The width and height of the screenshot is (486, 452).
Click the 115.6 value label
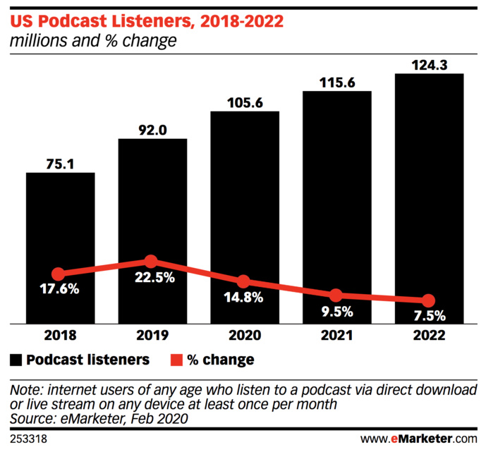(336, 82)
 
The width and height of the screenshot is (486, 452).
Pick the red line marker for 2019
(151, 262)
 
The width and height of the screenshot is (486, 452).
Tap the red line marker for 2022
(428, 300)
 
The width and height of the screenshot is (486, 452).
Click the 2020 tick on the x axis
(244, 336)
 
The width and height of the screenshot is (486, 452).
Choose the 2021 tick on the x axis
(336, 336)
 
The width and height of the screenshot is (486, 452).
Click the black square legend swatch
(16, 360)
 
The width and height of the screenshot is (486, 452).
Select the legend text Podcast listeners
(87, 360)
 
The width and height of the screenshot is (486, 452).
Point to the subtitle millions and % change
(92, 42)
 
